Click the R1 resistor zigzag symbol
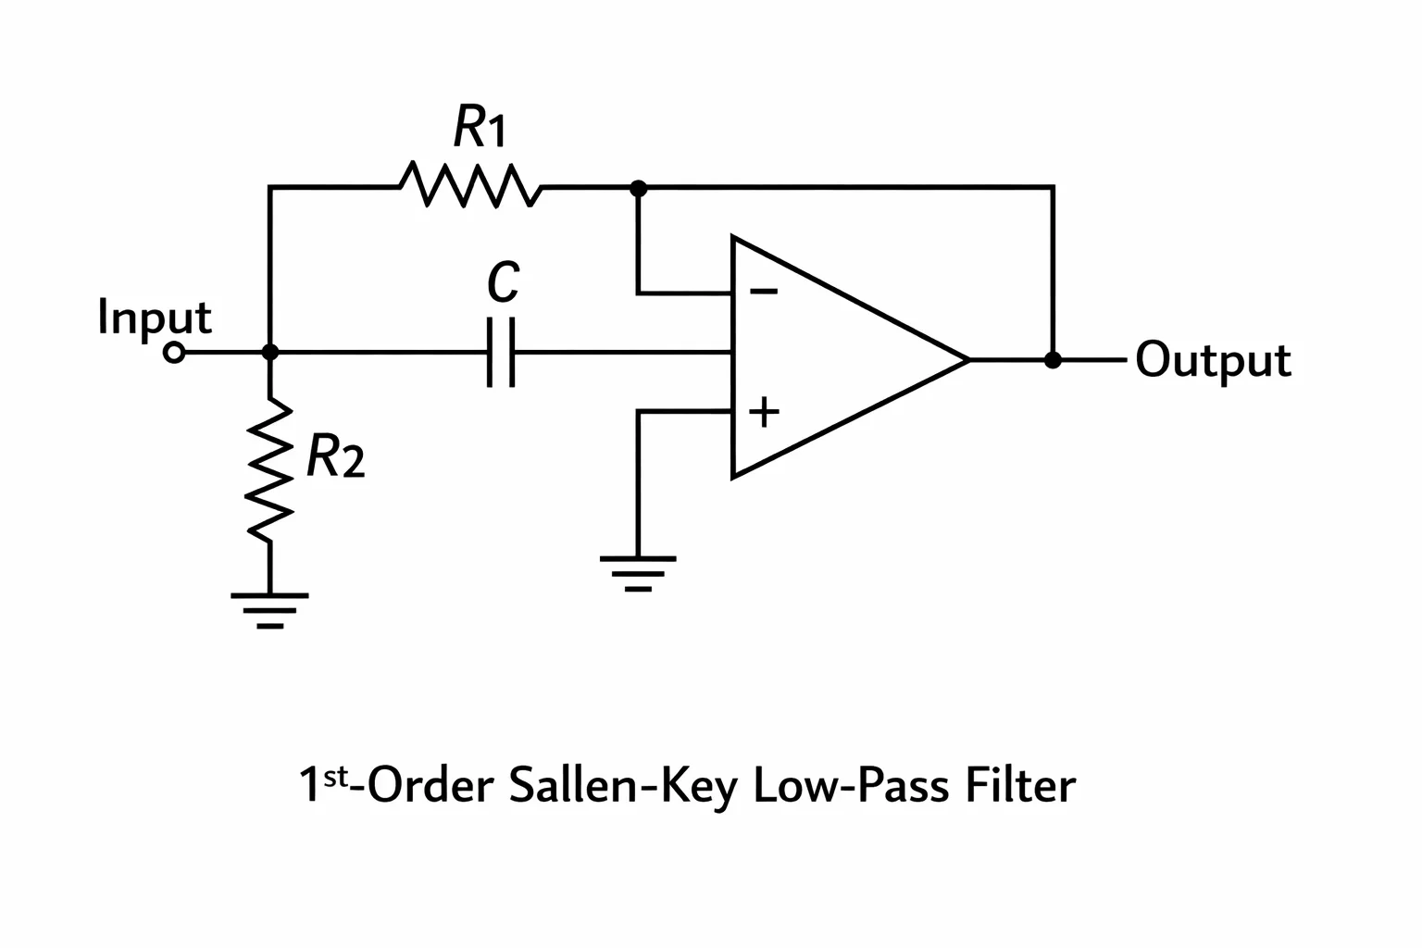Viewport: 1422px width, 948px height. [x=470, y=185]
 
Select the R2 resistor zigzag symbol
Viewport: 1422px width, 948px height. [x=270, y=470]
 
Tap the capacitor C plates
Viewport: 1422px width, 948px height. [x=501, y=352]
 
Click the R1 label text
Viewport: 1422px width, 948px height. [x=480, y=126]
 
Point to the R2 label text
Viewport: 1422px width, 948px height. [x=335, y=455]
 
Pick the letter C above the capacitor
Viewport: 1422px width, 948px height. [x=504, y=281]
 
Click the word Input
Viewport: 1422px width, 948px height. [x=155, y=318]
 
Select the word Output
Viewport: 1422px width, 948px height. [x=1213, y=360]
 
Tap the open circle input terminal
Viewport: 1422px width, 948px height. [x=174, y=353]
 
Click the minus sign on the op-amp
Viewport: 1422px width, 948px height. [x=764, y=292]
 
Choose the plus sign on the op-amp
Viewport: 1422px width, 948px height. [x=764, y=412]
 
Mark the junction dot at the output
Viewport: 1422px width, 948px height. [x=1053, y=360]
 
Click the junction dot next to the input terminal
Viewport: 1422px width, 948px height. [x=270, y=352]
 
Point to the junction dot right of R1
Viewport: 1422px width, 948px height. [x=638, y=188]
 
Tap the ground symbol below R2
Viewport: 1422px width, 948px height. [x=269, y=611]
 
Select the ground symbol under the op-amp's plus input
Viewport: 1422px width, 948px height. [x=638, y=574]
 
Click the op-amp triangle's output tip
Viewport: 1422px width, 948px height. [x=968, y=360]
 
